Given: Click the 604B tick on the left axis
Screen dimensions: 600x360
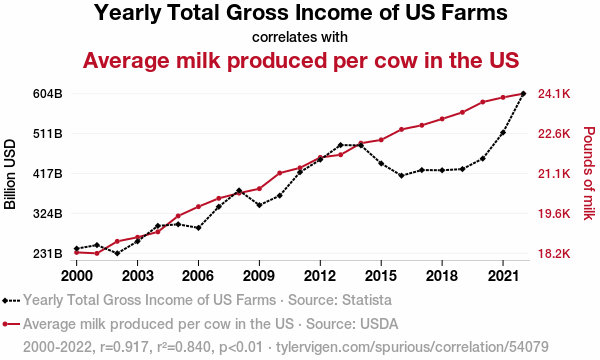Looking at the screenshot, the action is (x=47, y=94).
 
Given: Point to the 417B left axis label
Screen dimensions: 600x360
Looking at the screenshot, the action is (x=47, y=174).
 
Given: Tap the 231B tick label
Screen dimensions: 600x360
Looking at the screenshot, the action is (x=47, y=254).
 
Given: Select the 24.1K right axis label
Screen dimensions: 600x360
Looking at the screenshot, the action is (x=554, y=94).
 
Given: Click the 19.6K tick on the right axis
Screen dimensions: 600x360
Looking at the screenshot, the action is (x=554, y=214).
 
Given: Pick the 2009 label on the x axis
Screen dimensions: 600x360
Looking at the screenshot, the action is (x=259, y=276).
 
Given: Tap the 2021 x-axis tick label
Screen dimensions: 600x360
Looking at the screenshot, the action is (x=503, y=276).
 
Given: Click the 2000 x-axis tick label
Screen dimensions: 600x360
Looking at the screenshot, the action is (x=77, y=276).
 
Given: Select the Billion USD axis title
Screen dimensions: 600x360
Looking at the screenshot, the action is (x=10, y=174).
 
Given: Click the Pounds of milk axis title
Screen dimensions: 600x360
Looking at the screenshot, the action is (x=589, y=173).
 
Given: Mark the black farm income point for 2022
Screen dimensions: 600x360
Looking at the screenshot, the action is (x=523, y=94).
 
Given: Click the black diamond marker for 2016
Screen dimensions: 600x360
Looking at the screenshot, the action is (x=401, y=176).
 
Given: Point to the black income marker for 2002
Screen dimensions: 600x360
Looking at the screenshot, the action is (x=117, y=253).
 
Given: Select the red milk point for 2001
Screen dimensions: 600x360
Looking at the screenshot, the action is (x=97, y=253).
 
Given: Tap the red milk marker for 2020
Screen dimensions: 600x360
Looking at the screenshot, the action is (x=483, y=102).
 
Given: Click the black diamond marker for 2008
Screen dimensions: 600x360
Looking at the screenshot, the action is (x=239, y=191).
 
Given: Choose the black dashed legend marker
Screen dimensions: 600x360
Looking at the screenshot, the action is (x=11, y=301).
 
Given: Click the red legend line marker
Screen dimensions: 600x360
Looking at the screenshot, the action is (x=11, y=324).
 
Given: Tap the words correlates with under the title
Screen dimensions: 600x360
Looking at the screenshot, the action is (x=300, y=37).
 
